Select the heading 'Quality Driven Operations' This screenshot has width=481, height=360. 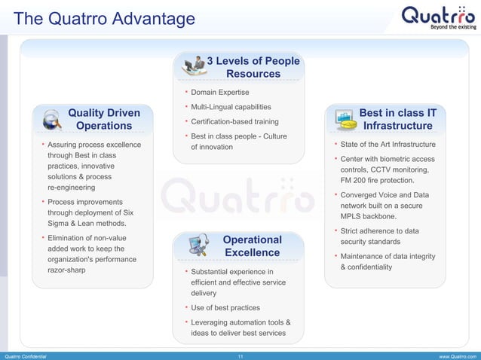104,119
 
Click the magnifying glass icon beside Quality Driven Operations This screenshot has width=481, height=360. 51,118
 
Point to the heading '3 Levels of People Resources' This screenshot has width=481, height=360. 253,67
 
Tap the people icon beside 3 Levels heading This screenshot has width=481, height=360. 195,65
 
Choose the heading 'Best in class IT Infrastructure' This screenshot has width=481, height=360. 397,119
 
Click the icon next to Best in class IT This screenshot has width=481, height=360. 345,118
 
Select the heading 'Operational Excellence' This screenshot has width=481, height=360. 252,246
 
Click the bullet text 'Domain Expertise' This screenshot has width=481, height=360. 219,93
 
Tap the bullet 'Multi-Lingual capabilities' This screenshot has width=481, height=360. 231,107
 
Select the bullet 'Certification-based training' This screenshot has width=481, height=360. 234,121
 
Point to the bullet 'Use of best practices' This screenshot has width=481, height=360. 225,307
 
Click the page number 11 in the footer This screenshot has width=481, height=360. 240,355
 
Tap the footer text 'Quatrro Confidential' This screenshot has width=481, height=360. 25,355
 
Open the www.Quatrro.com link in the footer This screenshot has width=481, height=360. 456,355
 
